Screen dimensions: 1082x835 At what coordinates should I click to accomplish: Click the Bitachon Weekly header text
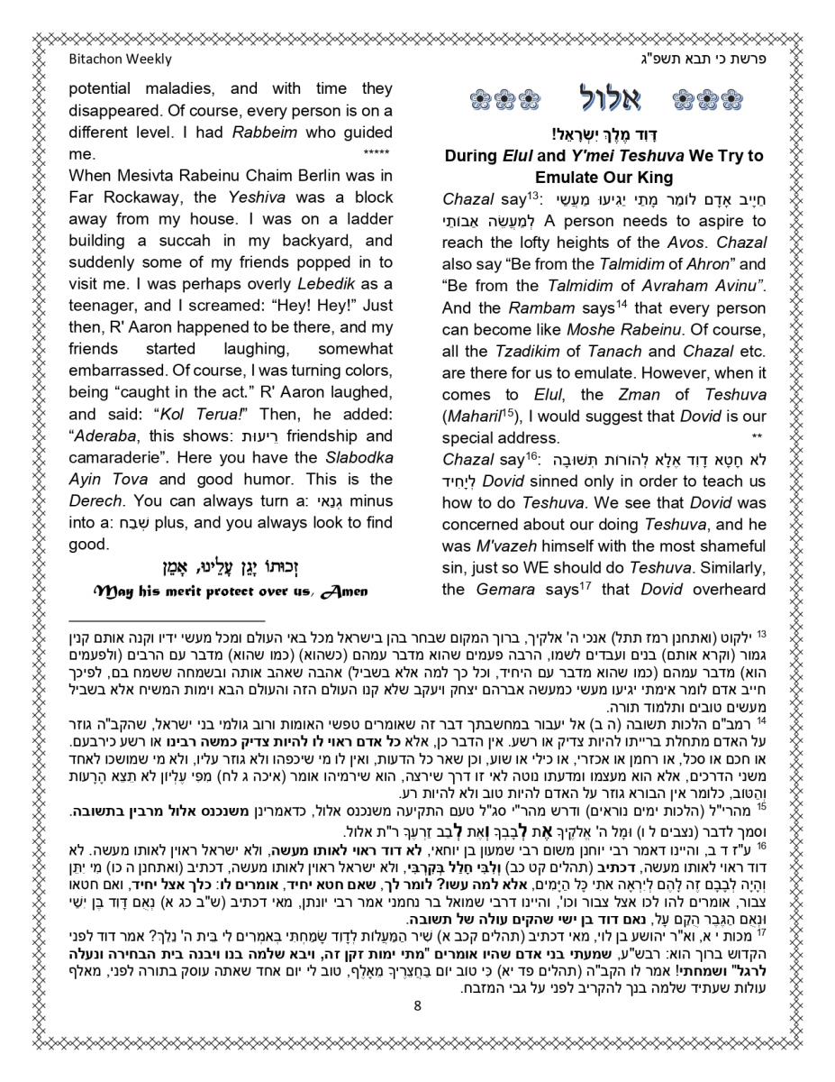click(120, 60)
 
